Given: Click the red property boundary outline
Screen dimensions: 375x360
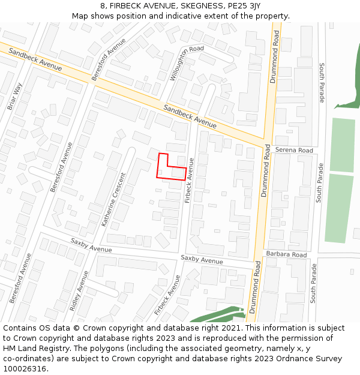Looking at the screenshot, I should click(158, 166).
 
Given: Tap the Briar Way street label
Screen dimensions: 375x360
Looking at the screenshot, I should click(14, 96).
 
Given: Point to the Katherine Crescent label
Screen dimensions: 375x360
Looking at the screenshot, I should click(115, 200).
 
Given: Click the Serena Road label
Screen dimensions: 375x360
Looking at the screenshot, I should click(294, 150).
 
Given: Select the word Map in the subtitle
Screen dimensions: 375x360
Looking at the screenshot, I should click(80, 16).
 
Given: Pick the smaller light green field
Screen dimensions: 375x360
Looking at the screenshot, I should click(342, 145).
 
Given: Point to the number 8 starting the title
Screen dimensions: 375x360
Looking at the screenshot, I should click(103, 6).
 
